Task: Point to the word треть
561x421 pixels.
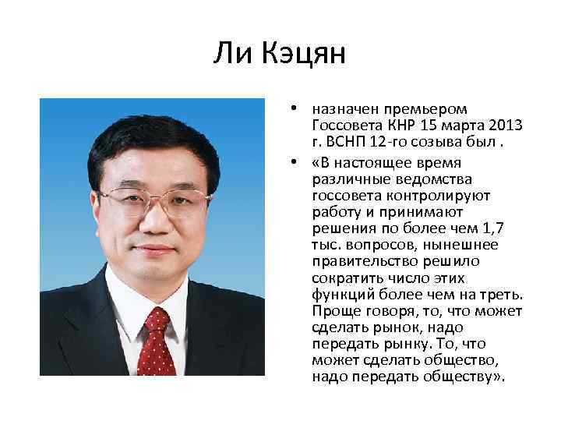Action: tap(505, 295)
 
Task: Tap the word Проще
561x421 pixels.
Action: tap(335, 313)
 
